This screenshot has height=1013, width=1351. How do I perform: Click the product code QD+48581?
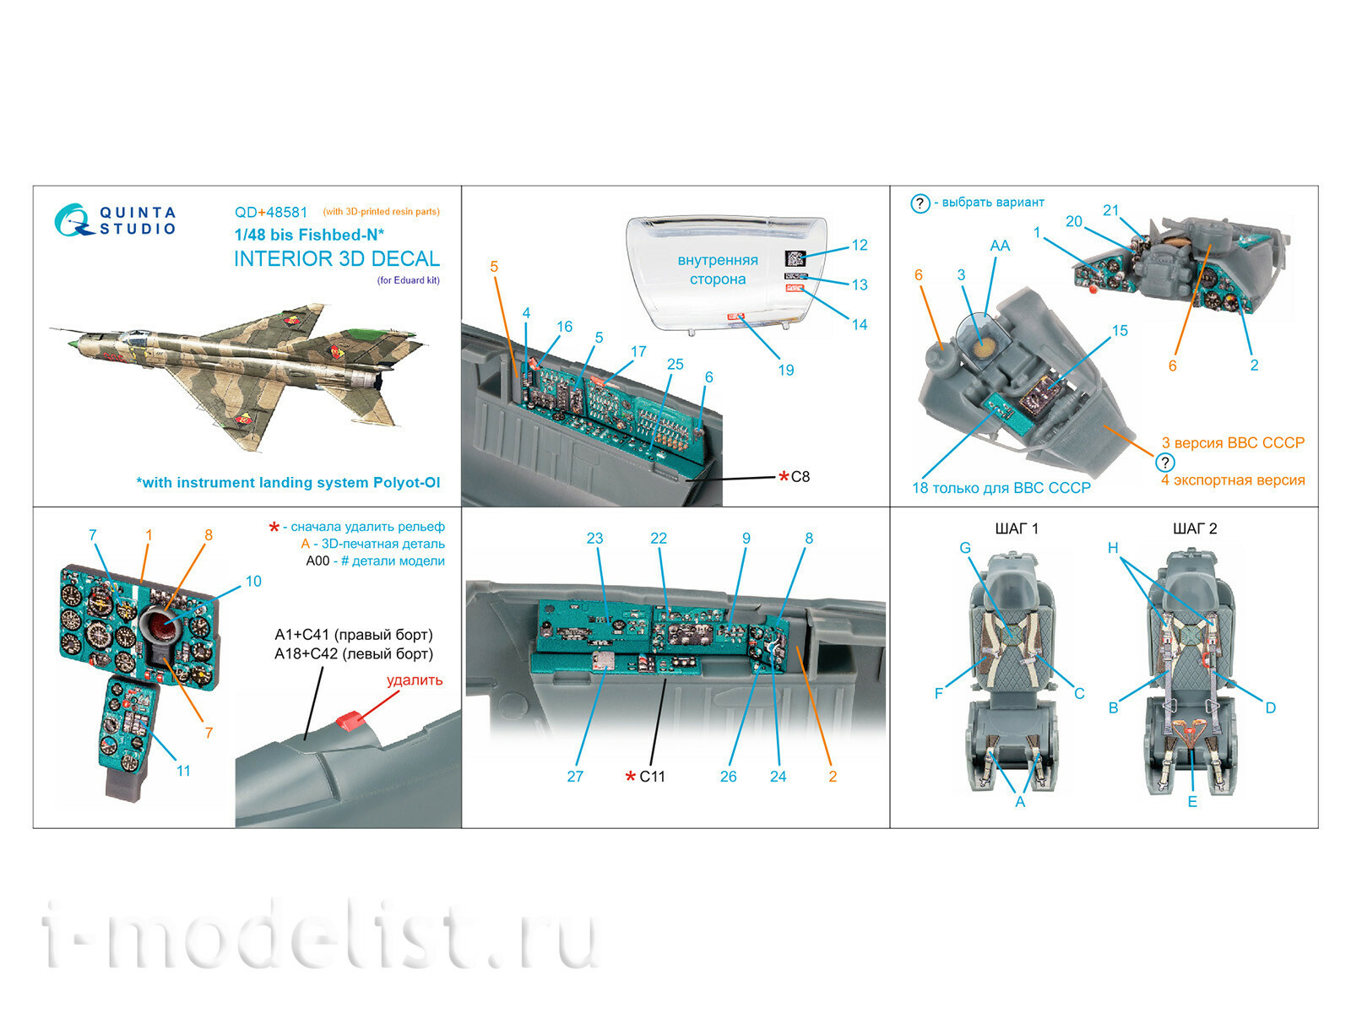point(271,213)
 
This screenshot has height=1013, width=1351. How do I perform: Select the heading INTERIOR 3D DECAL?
point(336,258)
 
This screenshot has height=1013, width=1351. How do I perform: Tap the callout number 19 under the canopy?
point(785,370)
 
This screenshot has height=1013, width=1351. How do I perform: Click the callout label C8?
point(800,477)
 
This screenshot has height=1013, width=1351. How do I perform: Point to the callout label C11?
point(651,777)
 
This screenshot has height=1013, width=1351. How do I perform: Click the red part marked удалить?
point(350,719)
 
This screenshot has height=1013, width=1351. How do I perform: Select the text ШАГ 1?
point(1017,528)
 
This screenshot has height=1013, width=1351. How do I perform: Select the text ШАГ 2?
point(1195,528)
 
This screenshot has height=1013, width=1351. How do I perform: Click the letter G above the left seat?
point(965,548)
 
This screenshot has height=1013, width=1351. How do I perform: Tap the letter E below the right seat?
point(1191,802)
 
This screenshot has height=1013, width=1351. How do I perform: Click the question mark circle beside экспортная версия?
point(1164,463)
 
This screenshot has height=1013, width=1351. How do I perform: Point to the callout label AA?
point(999,246)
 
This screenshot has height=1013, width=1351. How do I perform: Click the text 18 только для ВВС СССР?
point(1001,488)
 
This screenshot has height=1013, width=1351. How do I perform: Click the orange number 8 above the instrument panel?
point(209,535)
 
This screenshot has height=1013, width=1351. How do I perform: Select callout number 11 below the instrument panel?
point(183,771)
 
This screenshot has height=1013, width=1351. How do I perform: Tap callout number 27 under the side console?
point(575,777)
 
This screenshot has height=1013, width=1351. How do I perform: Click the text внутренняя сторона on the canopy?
point(717,269)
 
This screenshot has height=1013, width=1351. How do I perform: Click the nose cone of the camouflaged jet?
point(73,344)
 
